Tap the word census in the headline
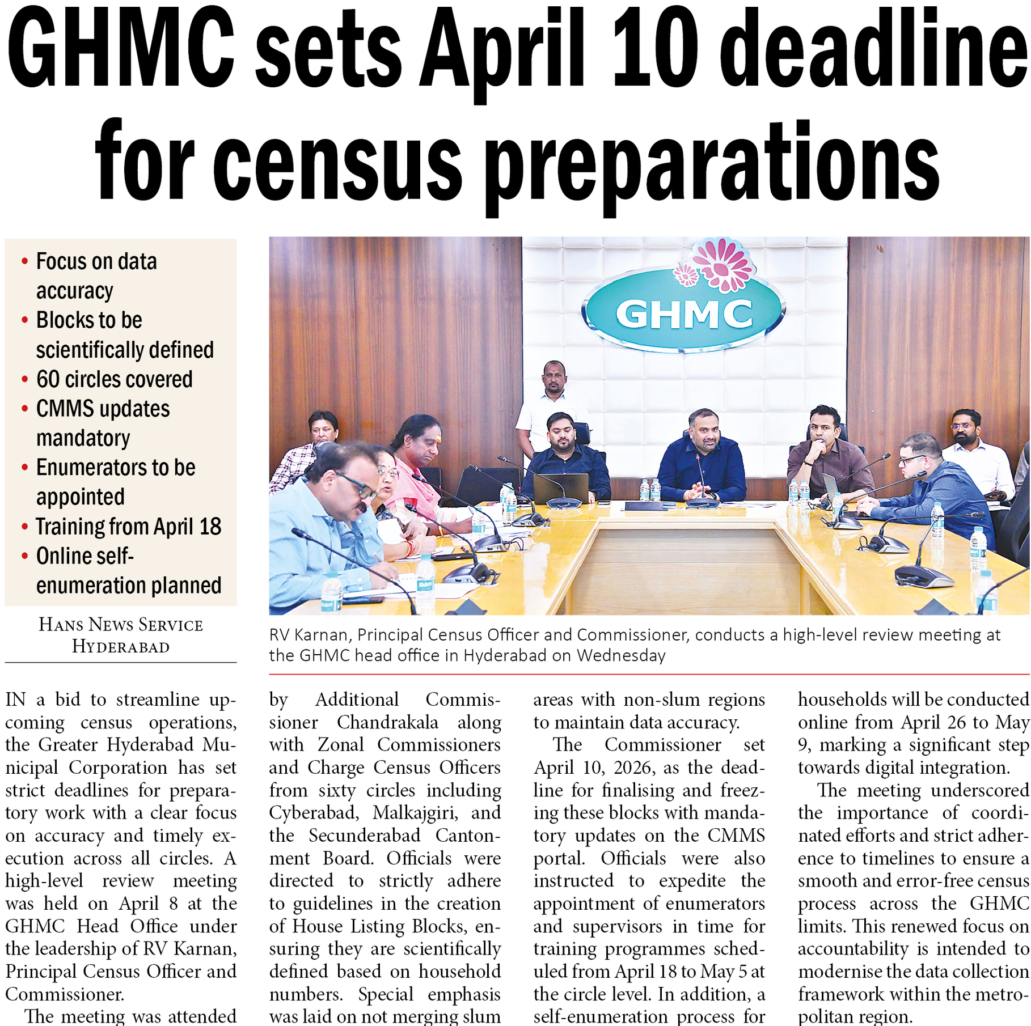[x=337, y=164]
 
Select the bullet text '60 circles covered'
[x=114, y=379]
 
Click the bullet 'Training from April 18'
[x=128, y=527]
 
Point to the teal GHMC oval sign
[x=683, y=314]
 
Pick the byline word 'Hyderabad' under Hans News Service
[x=121, y=646]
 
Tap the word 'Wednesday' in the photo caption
[x=621, y=655]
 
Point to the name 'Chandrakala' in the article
[x=387, y=722]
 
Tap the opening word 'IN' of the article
[x=15, y=699]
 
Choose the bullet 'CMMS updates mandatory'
[x=103, y=423]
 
